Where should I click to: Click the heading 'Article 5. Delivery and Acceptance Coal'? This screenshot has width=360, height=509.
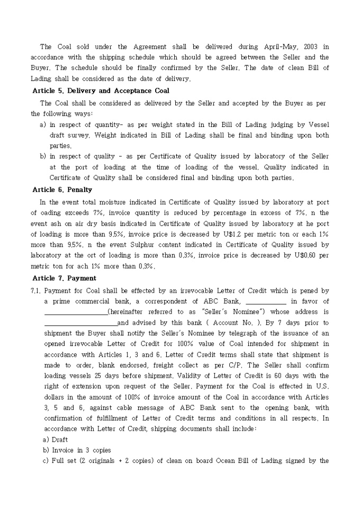coord(101,90)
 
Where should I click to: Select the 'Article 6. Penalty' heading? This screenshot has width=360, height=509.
coord(62,189)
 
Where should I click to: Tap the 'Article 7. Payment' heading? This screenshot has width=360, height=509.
coord(64,278)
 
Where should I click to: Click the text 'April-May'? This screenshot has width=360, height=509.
coord(274,47)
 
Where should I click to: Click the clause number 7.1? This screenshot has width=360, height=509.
coord(36,290)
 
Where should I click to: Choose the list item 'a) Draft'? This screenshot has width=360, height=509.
coord(55,439)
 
